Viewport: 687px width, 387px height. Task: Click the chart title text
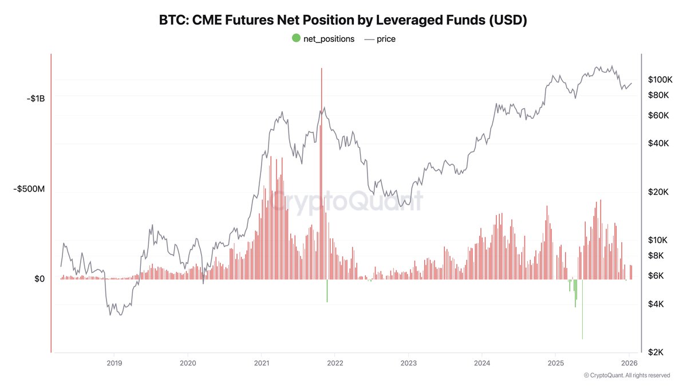click(343, 20)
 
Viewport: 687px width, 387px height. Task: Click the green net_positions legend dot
click(296, 38)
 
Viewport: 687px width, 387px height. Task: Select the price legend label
click(386, 39)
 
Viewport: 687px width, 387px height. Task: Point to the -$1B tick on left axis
click(35, 99)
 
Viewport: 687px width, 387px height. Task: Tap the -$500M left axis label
click(29, 189)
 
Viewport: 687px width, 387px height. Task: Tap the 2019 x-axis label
click(114, 363)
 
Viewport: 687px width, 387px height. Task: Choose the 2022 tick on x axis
click(335, 363)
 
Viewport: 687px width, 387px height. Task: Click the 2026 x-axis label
click(629, 363)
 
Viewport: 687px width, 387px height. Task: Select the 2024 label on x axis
click(482, 363)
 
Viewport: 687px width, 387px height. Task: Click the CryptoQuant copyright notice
click(627, 376)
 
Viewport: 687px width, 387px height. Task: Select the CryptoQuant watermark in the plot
click(346, 202)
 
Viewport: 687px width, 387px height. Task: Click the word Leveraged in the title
click(404, 20)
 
